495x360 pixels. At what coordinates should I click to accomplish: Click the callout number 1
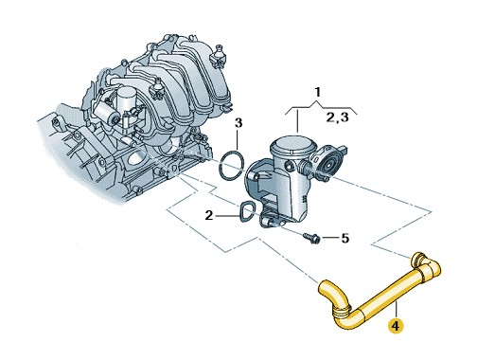(x=318, y=92)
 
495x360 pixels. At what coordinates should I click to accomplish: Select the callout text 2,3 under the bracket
(x=338, y=117)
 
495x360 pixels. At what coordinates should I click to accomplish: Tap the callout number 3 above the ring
(x=239, y=122)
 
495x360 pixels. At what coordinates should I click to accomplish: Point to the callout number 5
(x=345, y=238)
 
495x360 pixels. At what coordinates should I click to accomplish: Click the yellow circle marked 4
(x=396, y=325)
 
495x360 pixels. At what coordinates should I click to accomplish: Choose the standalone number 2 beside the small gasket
(x=209, y=216)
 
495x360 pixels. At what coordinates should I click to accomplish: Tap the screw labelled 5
(x=312, y=238)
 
